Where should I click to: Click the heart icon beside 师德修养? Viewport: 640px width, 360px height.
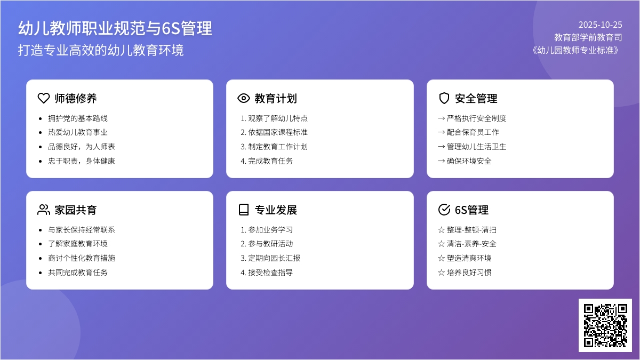click(x=44, y=98)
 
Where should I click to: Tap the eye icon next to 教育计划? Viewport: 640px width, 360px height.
click(x=244, y=98)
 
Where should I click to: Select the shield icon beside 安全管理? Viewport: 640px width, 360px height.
click(x=444, y=98)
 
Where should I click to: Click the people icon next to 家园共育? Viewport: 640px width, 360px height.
click(x=44, y=210)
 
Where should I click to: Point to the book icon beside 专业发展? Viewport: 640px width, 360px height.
click(x=244, y=210)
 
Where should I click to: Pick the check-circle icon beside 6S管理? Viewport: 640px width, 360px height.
click(x=444, y=210)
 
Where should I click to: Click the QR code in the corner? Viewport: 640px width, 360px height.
click(x=605, y=325)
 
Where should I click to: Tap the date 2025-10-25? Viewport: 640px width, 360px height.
click(x=600, y=25)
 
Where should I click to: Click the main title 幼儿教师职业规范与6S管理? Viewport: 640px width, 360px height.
click(x=115, y=28)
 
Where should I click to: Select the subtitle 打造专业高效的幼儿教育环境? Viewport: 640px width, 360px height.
click(x=101, y=50)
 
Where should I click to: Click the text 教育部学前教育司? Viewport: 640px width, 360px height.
click(x=588, y=37)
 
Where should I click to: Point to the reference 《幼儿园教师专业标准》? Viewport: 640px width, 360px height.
click(x=577, y=50)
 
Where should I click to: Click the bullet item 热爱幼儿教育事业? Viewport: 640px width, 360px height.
click(x=78, y=132)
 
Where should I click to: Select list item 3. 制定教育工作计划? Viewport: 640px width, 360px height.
click(x=274, y=147)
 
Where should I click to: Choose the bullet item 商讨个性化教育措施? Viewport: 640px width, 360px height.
click(x=82, y=258)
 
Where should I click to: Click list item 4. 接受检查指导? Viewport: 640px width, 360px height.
click(x=267, y=273)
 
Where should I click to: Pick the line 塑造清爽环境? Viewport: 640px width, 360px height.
click(x=465, y=258)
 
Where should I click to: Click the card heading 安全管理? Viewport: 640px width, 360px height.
click(x=476, y=99)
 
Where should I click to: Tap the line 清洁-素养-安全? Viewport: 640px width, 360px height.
click(x=467, y=244)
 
